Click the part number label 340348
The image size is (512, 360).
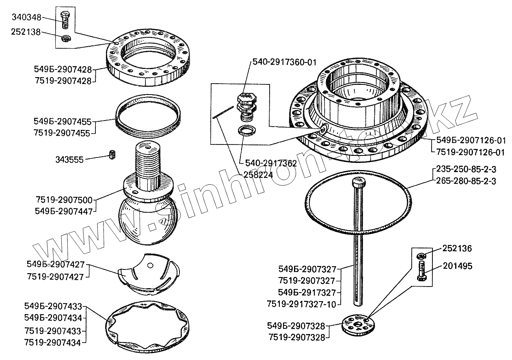[26, 17]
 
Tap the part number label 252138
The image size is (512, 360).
[26, 32]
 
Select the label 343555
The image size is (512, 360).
[69, 160]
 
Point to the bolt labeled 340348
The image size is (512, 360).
[65, 19]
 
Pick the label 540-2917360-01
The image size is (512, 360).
[285, 63]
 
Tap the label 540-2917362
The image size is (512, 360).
[270, 163]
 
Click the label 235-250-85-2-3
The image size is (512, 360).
[466, 169]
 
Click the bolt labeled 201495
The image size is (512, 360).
[421, 270]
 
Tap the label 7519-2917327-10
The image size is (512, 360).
[301, 304]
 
